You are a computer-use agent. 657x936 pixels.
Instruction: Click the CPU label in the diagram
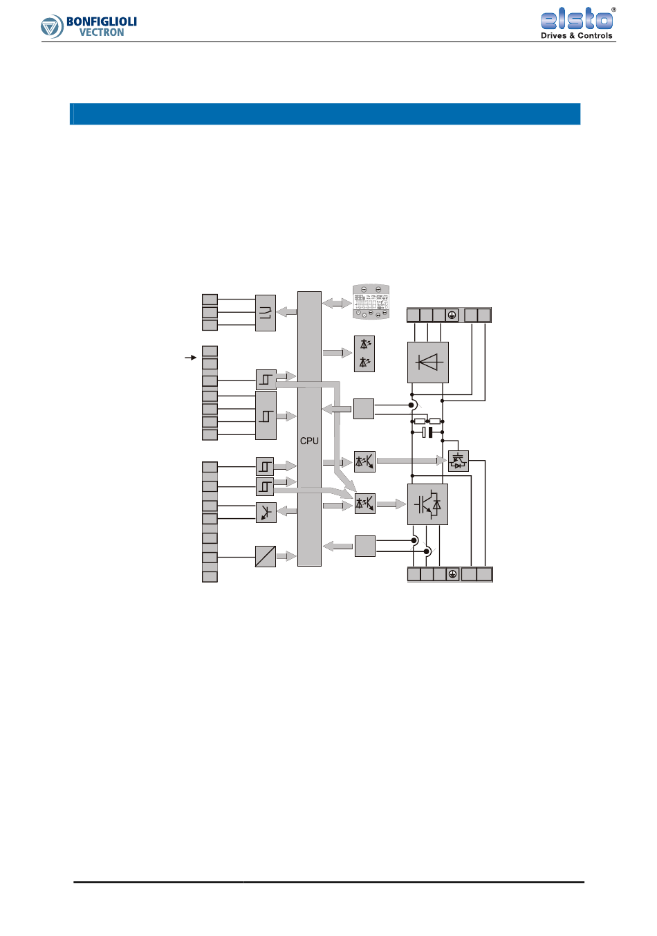point(309,441)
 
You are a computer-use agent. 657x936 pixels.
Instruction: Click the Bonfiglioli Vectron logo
point(89,26)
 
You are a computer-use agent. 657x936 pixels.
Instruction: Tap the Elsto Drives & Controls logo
point(577,24)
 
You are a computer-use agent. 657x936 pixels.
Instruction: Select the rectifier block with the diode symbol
point(428,362)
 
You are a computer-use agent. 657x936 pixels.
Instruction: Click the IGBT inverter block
point(427,504)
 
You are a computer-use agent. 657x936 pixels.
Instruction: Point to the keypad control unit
point(371,302)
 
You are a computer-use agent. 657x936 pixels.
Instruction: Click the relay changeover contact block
point(266,313)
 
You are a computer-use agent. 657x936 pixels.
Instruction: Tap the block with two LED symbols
point(364,354)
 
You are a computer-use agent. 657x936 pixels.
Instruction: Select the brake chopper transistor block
point(458,461)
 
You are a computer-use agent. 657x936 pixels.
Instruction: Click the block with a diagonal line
point(266,556)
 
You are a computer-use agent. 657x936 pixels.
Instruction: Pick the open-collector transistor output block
point(266,512)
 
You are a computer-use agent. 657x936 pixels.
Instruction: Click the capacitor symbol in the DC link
point(427,432)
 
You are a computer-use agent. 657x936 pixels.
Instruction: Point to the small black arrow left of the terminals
point(191,358)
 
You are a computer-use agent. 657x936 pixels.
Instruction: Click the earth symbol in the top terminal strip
point(451,315)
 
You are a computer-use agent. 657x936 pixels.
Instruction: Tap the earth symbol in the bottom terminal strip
point(452,574)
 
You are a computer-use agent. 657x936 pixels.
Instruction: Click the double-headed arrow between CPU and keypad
point(337,303)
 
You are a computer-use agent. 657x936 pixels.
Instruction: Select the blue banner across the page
point(325,114)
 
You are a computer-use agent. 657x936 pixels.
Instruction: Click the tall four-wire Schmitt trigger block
point(266,416)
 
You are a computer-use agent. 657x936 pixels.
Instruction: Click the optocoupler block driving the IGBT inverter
point(364,504)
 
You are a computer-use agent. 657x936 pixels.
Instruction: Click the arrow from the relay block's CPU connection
point(286,312)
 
